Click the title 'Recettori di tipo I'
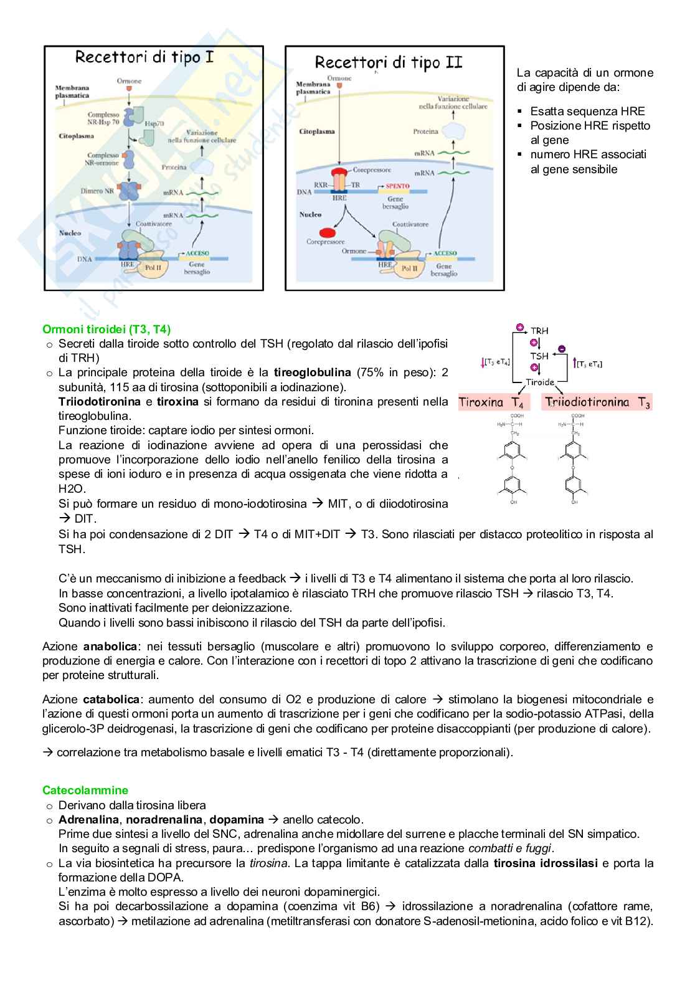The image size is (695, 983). [144, 58]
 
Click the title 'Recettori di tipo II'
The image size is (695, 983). [389, 62]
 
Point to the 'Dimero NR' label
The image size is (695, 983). [97, 191]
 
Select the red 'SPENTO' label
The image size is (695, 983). [398, 186]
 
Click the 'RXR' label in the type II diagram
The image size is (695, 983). [321, 185]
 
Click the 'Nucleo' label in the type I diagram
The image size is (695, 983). [70, 233]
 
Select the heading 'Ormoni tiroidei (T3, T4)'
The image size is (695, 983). [106, 329]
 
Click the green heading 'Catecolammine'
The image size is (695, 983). [85, 791]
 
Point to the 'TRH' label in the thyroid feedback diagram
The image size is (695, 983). [539, 331]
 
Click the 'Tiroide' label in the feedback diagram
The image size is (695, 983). [540, 382]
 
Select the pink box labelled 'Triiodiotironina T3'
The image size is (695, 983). [597, 402]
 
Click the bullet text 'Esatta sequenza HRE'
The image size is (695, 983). [587, 112]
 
